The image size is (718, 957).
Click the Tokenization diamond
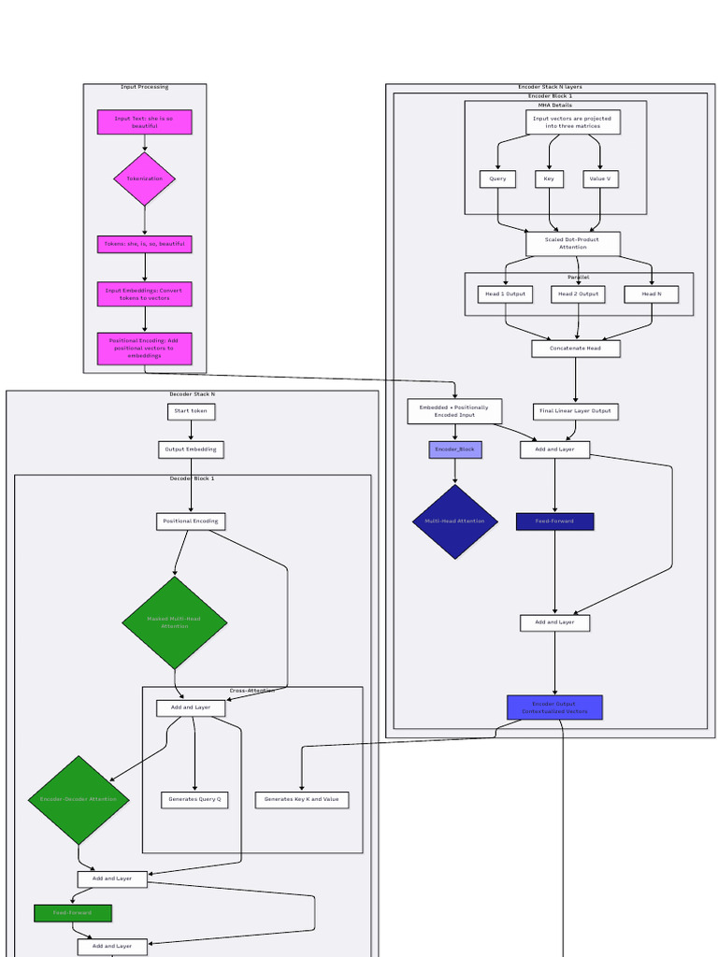pyautogui.click(x=144, y=179)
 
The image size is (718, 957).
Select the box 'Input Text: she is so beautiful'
pyautogui.click(x=144, y=122)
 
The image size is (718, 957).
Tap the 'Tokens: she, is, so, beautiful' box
pyautogui.click(x=144, y=244)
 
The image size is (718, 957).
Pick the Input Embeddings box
pyautogui.click(x=144, y=294)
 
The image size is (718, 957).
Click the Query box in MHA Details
pyautogui.click(x=497, y=179)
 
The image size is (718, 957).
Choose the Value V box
pyautogui.click(x=600, y=179)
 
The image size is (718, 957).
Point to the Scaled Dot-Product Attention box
pyautogui.click(x=572, y=244)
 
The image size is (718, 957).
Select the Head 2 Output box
pyautogui.click(x=578, y=294)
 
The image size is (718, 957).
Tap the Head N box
pyautogui.click(x=652, y=294)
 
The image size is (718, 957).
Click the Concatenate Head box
pyautogui.click(x=575, y=349)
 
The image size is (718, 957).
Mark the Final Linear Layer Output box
pyautogui.click(x=575, y=411)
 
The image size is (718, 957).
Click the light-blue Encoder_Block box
pyautogui.click(x=455, y=450)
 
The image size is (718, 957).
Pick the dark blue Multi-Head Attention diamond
pyautogui.click(x=455, y=521)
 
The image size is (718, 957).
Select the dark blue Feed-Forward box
pyautogui.click(x=554, y=521)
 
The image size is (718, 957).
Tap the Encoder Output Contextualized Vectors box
pyautogui.click(x=554, y=707)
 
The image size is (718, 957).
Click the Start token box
pyautogui.click(x=191, y=411)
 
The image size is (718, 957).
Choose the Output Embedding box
pyautogui.click(x=191, y=450)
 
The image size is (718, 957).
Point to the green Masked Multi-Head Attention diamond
pyautogui.click(x=174, y=622)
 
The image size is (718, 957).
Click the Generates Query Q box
pyautogui.click(x=194, y=800)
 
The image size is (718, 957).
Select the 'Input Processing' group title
pyautogui.click(x=144, y=88)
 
